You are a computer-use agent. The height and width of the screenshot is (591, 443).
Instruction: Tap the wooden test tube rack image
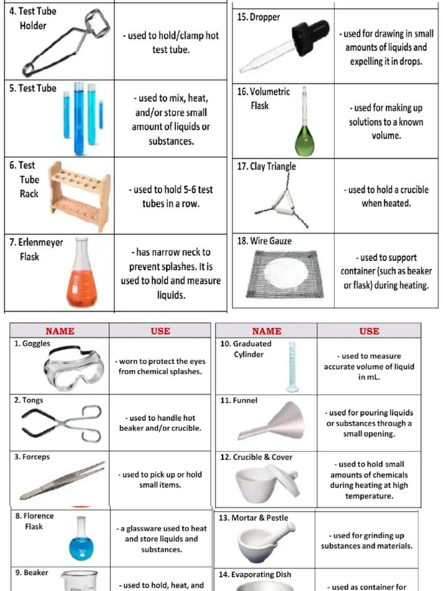pyautogui.click(x=79, y=196)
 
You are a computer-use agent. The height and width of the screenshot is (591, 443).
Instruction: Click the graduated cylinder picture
pyautogui.click(x=292, y=367)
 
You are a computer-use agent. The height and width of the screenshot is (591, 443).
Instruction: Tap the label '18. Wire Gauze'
pyautogui.click(x=264, y=241)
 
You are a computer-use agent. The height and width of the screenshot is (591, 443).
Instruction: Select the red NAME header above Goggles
pyautogui.click(x=60, y=331)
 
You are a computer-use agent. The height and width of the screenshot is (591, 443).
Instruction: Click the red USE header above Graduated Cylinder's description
pyautogui.click(x=369, y=331)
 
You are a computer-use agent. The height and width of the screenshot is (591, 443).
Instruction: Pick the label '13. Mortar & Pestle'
pyautogui.click(x=253, y=518)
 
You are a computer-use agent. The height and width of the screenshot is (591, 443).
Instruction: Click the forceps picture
pyautogui.click(x=63, y=480)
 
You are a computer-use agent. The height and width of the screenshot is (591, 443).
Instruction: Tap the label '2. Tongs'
pyautogui.click(x=29, y=400)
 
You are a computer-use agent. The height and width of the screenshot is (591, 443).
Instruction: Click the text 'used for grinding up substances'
pyautogui.click(x=366, y=541)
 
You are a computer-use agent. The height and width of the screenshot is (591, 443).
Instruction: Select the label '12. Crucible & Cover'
pyautogui.click(x=256, y=457)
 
